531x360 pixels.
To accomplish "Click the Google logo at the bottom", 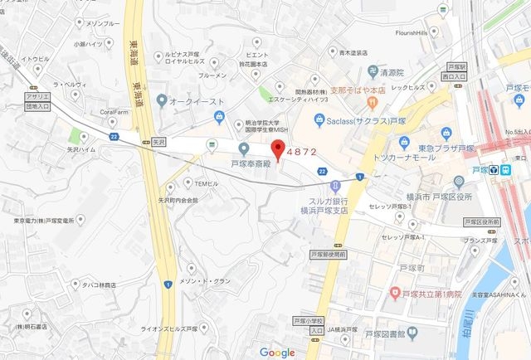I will [x=277, y=352].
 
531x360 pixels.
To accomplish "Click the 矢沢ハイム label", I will [x=83, y=153].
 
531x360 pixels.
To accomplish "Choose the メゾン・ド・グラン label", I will [x=217, y=281].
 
